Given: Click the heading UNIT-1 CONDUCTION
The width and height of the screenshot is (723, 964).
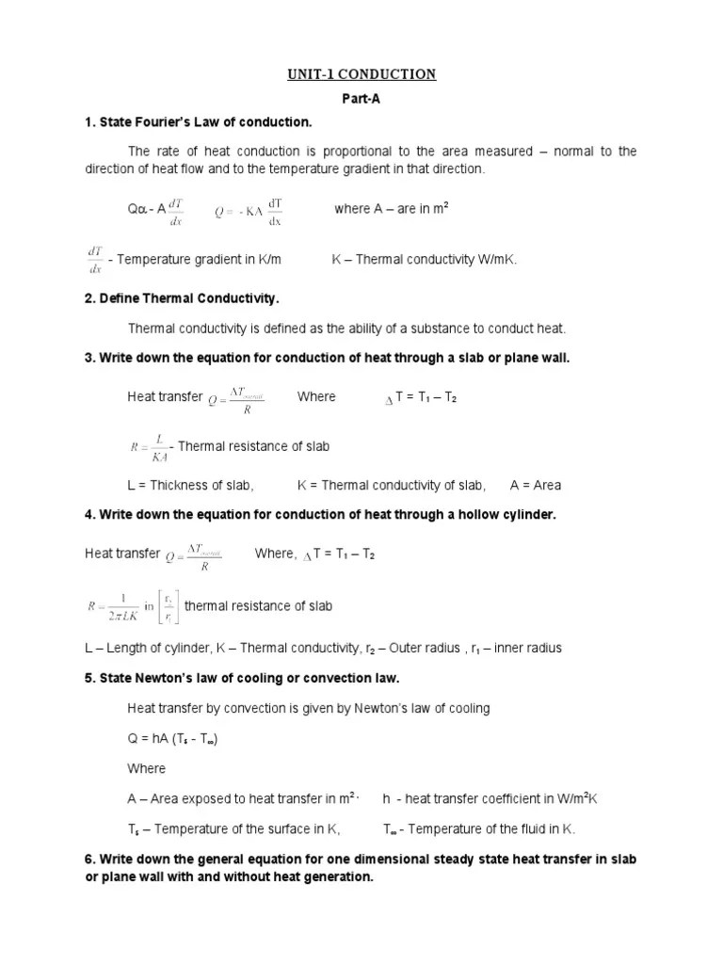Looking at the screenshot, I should click(361, 74).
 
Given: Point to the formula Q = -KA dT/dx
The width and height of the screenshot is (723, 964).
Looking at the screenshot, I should click(249, 211).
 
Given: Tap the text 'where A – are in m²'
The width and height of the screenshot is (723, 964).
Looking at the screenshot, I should click(391, 209).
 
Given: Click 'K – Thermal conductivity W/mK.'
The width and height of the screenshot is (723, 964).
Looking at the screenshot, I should click(425, 259).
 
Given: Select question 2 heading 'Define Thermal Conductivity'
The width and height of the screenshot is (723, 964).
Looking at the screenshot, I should click(183, 298).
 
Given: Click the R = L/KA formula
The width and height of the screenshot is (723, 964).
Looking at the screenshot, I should click(148, 446).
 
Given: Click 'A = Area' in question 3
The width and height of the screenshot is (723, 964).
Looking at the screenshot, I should click(536, 486).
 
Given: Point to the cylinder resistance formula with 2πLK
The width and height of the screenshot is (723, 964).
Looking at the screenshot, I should click(130, 607).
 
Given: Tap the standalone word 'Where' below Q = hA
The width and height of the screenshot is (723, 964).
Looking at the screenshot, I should click(146, 768).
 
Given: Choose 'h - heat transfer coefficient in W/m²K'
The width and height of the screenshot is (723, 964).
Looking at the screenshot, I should click(490, 799).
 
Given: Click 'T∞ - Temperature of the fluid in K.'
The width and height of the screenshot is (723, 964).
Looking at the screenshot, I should click(479, 829).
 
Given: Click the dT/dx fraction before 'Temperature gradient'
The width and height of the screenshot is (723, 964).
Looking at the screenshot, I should click(95, 259).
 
